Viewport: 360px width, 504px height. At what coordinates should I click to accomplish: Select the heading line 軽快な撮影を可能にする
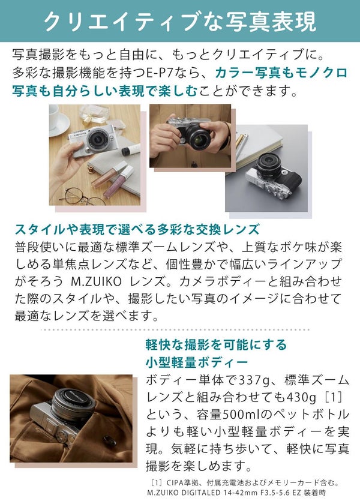(x=216, y=345)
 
